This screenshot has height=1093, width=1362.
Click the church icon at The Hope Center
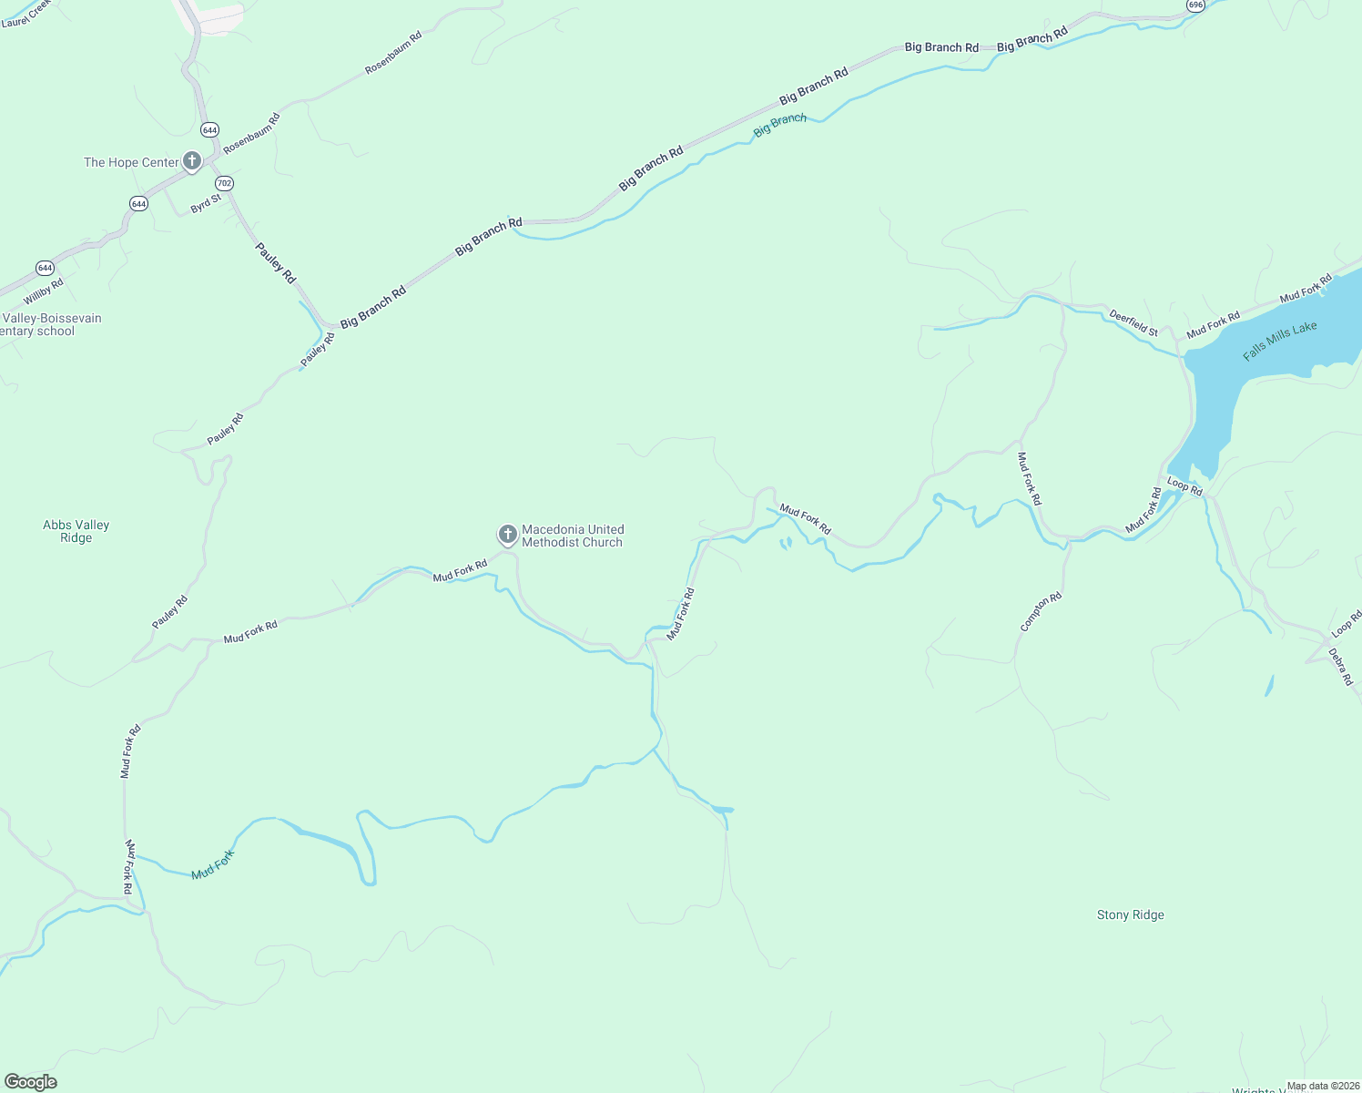click(191, 162)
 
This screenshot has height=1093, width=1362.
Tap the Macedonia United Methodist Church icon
click(507, 535)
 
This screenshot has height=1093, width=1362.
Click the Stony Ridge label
click(1130, 914)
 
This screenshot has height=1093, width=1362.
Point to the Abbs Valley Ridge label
click(76, 531)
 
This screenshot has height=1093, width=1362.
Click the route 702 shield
click(224, 183)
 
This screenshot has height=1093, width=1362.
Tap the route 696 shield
click(1195, 5)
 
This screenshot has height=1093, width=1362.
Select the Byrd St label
click(206, 204)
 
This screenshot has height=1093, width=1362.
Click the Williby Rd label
click(44, 291)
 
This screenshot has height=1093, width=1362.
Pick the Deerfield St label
click(1133, 323)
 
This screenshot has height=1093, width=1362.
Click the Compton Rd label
click(1041, 612)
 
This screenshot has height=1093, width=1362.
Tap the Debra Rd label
click(1340, 666)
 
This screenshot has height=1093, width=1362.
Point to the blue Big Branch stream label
click(779, 125)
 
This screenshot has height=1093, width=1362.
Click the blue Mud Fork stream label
click(213, 864)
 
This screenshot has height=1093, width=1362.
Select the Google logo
click(30, 1081)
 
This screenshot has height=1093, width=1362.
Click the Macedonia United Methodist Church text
click(572, 536)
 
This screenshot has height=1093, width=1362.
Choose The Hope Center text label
click(131, 162)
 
